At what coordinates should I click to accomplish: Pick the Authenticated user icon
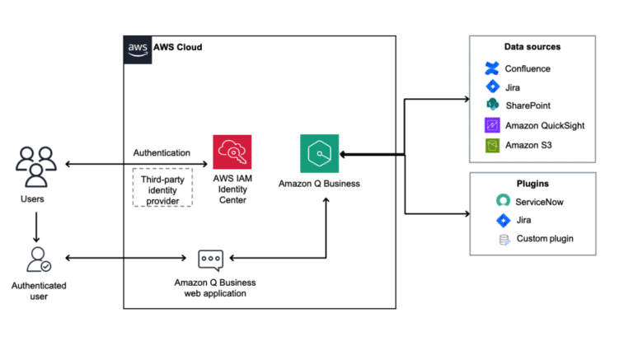pyautogui.click(x=37, y=259)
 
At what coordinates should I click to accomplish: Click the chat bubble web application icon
pyautogui.click(x=211, y=259)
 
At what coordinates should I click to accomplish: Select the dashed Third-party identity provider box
pyautogui.click(x=162, y=187)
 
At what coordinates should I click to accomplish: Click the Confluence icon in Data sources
pyautogui.click(x=492, y=68)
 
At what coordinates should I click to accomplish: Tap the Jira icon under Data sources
pyautogui.click(x=492, y=86)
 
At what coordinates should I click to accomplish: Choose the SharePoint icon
pyautogui.click(x=492, y=105)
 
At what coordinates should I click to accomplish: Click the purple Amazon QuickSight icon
pyautogui.click(x=492, y=125)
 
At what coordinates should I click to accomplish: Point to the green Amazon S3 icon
pyautogui.click(x=492, y=145)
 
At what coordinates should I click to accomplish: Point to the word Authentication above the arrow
pyautogui.click(x=162, y=152)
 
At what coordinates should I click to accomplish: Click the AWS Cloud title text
pyautogui.click(x=177, y=48)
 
